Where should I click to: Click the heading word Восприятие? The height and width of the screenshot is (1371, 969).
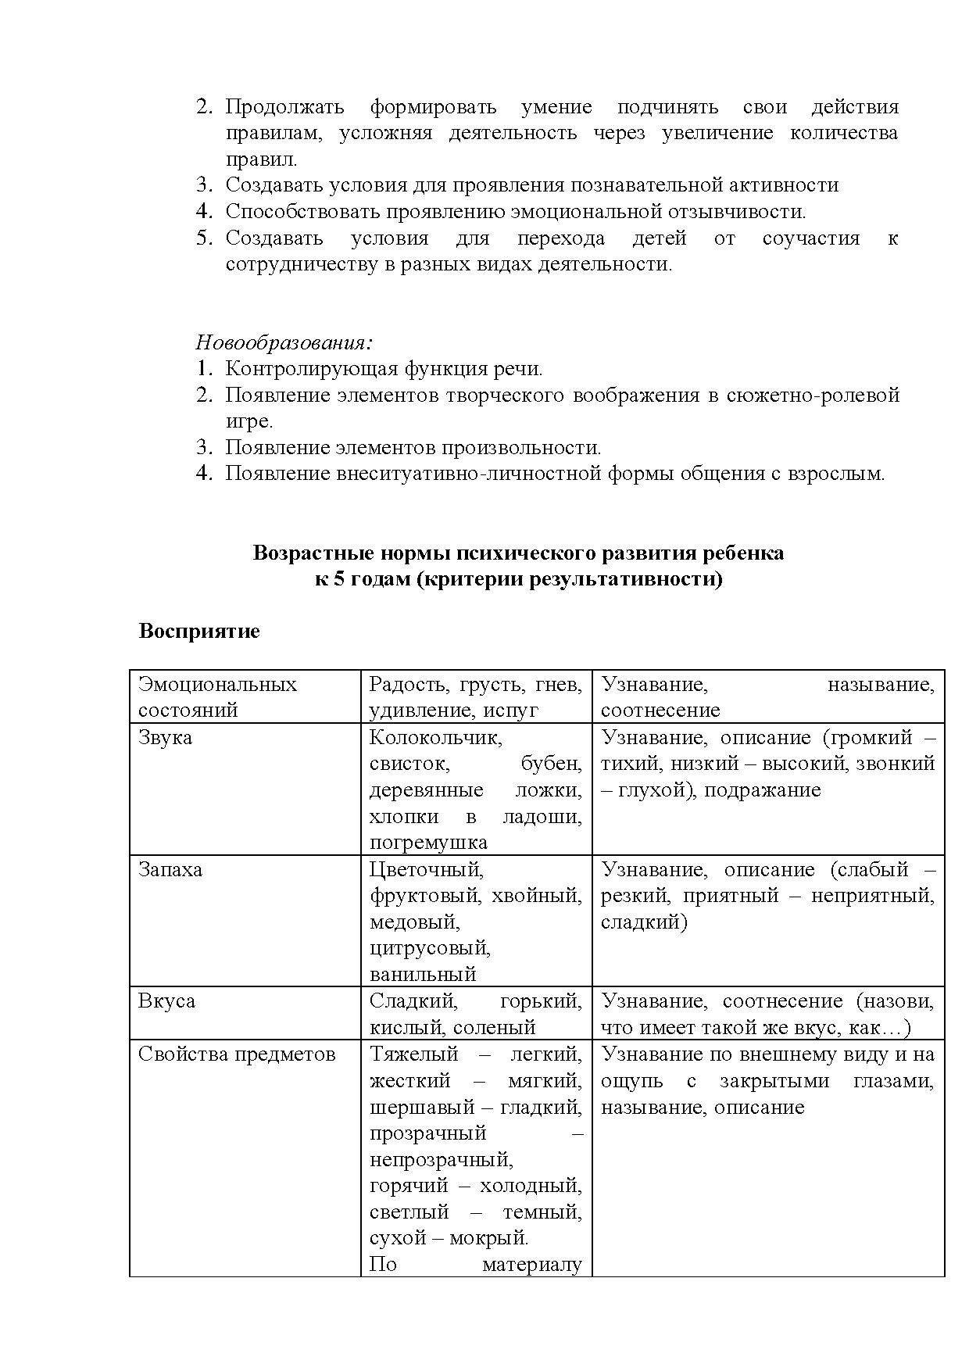[x=198, y=631]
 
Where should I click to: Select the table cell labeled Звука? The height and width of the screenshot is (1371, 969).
[x=165, y=737]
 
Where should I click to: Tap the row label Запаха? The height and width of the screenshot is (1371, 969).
[x=170, y=869]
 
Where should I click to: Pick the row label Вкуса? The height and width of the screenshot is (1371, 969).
[x=166, y=1001]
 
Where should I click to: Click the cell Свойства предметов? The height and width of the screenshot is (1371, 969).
[x=236, y=1054]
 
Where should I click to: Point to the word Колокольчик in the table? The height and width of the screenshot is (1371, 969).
[x=435, y=737]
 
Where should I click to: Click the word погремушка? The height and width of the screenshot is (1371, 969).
[x=428, y=843]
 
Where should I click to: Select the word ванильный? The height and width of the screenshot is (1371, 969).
[x=423, y=975]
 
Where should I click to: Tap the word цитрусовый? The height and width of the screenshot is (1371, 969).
[x=430, y=948]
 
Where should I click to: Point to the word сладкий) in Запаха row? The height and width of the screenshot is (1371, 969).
[x=644, y=922]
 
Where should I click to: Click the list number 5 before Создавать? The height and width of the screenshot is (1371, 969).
[x=204, y=238]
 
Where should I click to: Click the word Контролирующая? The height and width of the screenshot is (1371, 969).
[x=312, y=369]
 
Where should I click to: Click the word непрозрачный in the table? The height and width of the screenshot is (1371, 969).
[x=441, y=1159]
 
